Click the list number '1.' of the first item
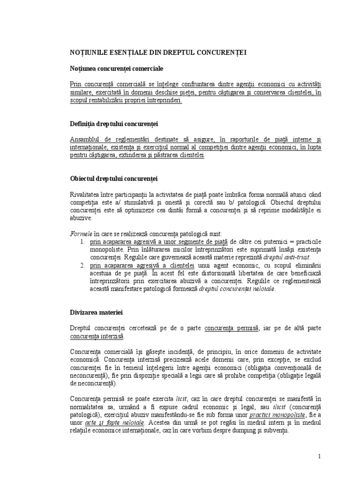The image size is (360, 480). [82, 241]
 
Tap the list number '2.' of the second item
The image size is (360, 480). [82, 265]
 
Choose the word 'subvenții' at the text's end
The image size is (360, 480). [276, 430]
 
